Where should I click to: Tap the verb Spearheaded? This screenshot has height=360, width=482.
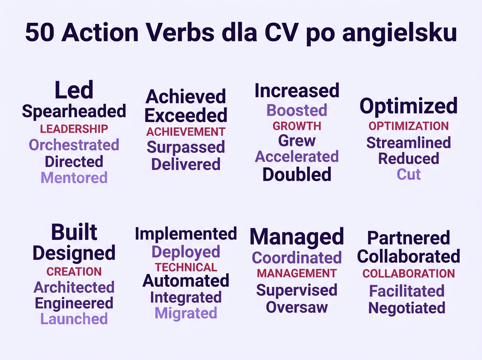(x=74, y=111)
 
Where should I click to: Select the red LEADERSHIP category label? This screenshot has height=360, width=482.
(x=74, y=129)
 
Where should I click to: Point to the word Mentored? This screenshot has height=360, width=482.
(x=74, y=177)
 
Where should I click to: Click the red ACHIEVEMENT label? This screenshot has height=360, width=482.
(x=186, y=132)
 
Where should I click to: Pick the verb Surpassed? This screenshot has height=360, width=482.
(x=186, y=147)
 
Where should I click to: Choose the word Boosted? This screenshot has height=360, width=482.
(x=297, y=110)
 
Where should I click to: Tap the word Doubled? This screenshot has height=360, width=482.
(x=297, y=174)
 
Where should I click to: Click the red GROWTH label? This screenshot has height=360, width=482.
(x=297, y=126)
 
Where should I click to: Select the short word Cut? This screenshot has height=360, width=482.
(x=408, y=174)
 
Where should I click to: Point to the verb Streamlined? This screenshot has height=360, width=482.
(x=408, y=143)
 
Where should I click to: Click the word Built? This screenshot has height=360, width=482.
(x=74, y=232)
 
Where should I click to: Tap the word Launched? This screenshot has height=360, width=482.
(x=74, y=319)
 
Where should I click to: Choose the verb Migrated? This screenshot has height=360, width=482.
(x=186, y=313)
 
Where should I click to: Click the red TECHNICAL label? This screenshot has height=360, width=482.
(x=186, y=267)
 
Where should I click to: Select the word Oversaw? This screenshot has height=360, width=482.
(x=297, y=307)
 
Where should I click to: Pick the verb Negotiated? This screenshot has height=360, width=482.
(x=407, y=308)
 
